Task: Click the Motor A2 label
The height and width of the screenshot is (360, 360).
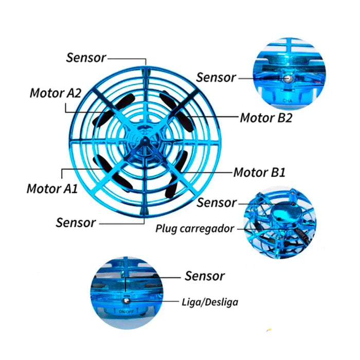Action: coord(56,93)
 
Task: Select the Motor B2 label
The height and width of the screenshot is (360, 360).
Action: coord(266,118)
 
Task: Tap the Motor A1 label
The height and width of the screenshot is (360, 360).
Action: coord(52,188)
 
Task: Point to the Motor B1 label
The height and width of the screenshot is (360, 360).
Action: coord(259,172)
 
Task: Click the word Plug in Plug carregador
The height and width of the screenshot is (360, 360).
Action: coord(167,228)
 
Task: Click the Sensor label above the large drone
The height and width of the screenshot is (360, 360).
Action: coord(86,57)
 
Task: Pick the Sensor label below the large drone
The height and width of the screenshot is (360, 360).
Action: coord(76,223)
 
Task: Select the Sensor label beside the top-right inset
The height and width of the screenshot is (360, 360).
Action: coord(216,78)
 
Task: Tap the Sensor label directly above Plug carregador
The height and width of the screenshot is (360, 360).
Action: coord(217,203)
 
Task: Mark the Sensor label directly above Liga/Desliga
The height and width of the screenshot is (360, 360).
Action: coord(205,276)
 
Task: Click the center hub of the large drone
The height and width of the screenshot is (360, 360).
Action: coord(146,140)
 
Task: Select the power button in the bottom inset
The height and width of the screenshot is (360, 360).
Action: coord(127,299)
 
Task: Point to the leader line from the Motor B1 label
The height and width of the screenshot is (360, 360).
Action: coord(206,171)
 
